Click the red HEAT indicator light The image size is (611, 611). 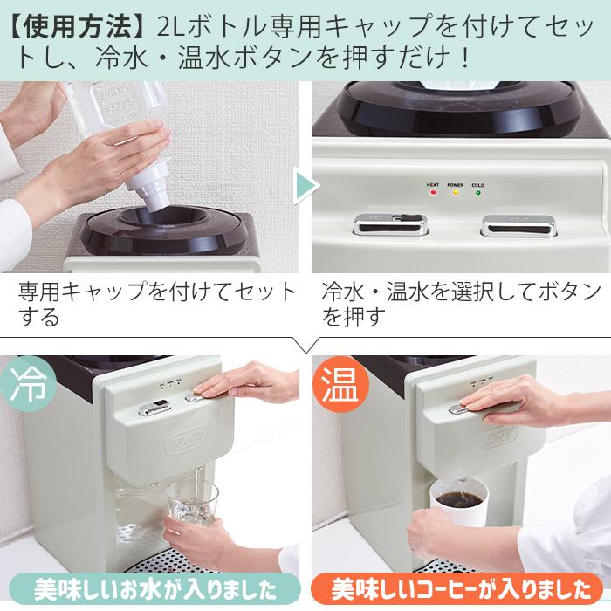point(433,193)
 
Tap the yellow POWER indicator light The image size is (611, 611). point(455,193)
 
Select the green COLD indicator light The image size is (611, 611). point(477,193)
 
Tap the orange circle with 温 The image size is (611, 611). point(338,383)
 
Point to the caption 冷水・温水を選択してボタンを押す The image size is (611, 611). point(461,303)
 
